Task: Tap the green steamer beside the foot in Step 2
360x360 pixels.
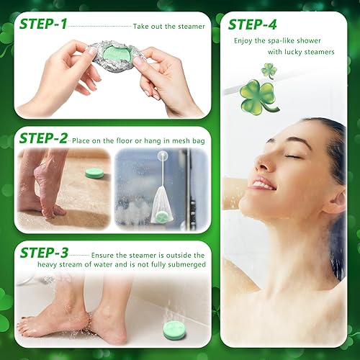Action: coord(94,173)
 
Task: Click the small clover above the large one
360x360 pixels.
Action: coord(269,70)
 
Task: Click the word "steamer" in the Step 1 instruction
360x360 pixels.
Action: coord(189,27)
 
